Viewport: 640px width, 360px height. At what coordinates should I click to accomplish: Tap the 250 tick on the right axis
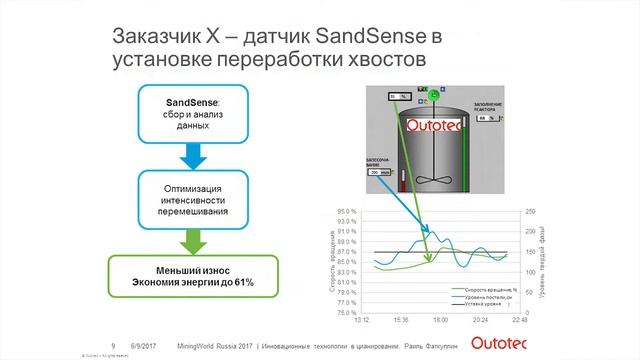530,212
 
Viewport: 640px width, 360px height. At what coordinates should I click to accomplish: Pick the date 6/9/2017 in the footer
144,339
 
